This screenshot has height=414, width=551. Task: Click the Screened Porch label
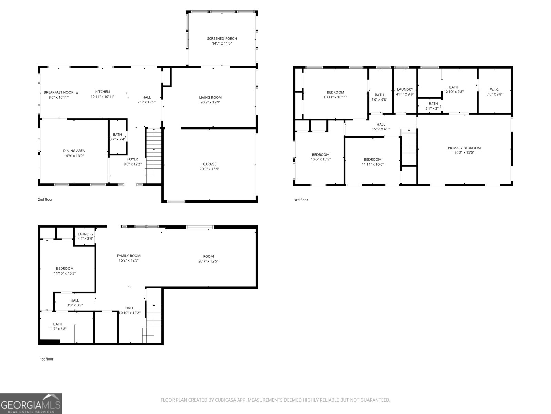(222, 38)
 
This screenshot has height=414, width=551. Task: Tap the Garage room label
(209, 164)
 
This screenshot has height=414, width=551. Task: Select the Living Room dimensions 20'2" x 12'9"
(210, 102)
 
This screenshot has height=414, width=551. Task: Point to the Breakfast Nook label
(59, 92)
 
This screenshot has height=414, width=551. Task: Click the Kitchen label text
(102, 92)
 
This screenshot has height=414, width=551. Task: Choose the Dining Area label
(74, 151)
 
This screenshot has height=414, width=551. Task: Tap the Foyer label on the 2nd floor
(133, 159)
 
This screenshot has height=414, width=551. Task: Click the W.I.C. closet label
(495, 89)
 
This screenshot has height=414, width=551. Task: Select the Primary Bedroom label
(464, 148)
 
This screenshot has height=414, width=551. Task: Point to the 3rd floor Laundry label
(405, 89)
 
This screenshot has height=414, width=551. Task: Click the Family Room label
(128, 256)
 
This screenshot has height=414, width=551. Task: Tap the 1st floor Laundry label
(85, 234)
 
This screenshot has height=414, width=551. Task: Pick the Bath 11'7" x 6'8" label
(58, 326)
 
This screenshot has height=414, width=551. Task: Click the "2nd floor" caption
(45, 200)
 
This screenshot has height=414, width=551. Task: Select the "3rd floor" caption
(301, 200)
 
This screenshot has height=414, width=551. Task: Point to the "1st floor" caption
(47, 359)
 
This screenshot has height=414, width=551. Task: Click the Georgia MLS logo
(31, 404)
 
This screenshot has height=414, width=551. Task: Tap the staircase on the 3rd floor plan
(409, 147)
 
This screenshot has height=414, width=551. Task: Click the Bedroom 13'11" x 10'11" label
(335, 95)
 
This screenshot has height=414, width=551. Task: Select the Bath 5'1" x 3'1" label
(433, 106)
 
